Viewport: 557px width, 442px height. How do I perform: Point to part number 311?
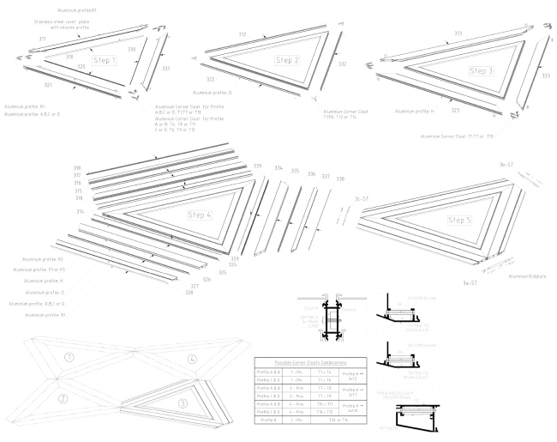[x=19, y=39]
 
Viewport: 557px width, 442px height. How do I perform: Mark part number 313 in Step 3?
[x=458, y=33]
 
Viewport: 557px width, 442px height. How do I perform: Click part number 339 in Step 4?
[x=257, y=166]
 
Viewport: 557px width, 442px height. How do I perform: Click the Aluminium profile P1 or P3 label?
[x=39, y=269]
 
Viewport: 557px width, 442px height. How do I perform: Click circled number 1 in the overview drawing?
[x=69, y=357]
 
